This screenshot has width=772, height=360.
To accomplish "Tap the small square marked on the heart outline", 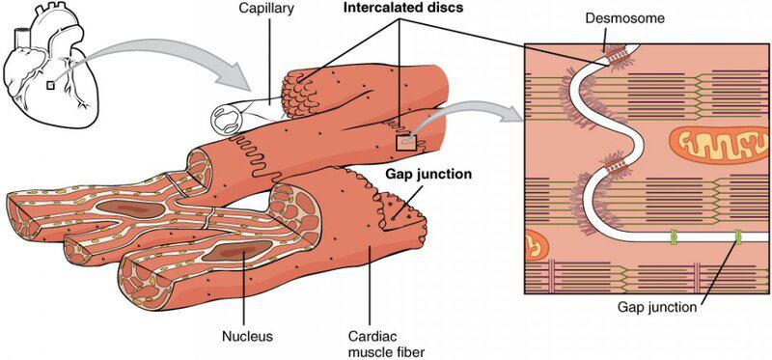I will [50, 85].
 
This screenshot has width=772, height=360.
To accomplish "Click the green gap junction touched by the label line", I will [738, 235].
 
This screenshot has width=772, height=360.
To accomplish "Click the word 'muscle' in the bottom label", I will [369, 352].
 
